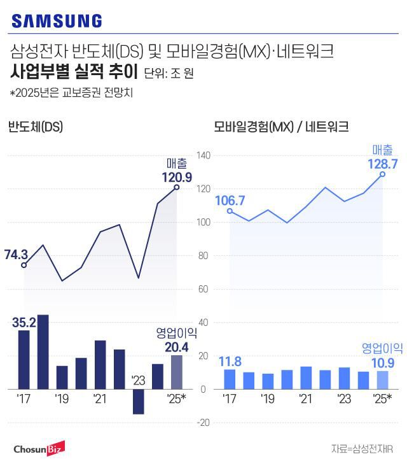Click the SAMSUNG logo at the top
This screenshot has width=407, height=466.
[x=57, y=21]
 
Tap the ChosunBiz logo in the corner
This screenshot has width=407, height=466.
[x=37, y=450]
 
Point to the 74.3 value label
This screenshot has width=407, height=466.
[x=17, y=255]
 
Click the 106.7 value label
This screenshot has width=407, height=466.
[x=230, y=201]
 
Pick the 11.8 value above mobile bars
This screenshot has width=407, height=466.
[x=230, y=362]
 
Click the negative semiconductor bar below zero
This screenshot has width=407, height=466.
[x=138, y=402]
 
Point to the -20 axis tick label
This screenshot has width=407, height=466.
[x=203, y=423]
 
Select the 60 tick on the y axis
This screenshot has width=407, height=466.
[x=205, y=289]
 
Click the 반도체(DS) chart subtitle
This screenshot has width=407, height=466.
[x=36, y=127]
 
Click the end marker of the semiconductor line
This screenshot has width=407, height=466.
[x=177, y=187]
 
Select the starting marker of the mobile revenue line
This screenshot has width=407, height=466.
[x=230, y=211]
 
